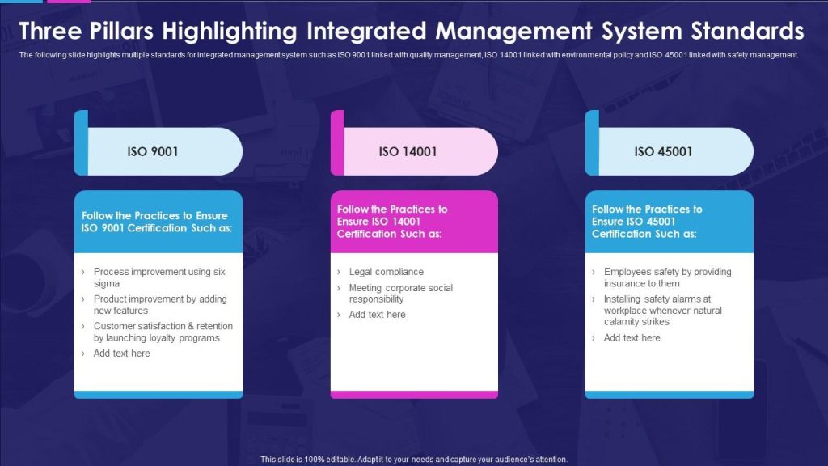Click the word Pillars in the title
pos(121,32)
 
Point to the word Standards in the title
pos(748,32)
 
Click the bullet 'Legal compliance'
pos(386,272)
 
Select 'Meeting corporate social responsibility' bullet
pos(401,293)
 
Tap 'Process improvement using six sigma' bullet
pos(159,277)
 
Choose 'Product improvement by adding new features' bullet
pos(160,305)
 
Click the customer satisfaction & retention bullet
pos(163,332)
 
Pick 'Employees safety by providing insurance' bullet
pos(667,277)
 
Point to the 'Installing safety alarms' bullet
pos(663,310)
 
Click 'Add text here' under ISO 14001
pos(377,315)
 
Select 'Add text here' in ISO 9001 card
pos(121,354)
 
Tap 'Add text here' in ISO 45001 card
pos(632,337)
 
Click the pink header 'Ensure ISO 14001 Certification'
pos(392,222)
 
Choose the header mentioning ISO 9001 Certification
pos(157,222)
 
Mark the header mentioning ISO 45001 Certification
pos(647,222)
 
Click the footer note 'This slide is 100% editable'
pos(414,460)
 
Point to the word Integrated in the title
pos(366,32)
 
